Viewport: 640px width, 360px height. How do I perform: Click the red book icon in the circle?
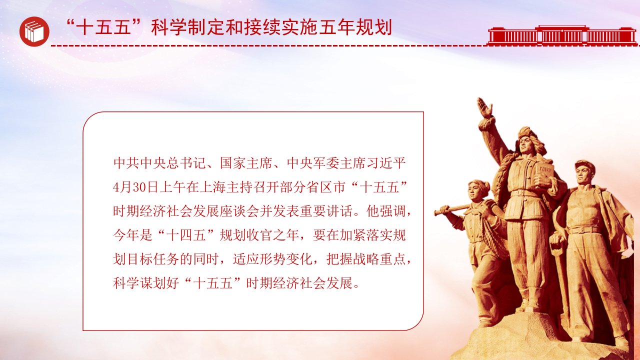(x=34, y=31)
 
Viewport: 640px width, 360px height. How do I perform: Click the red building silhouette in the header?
(x=562, y=35)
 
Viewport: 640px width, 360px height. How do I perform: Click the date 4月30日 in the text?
(x=135, y=187)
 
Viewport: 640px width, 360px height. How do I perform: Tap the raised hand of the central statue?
(x=484, y=107)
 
